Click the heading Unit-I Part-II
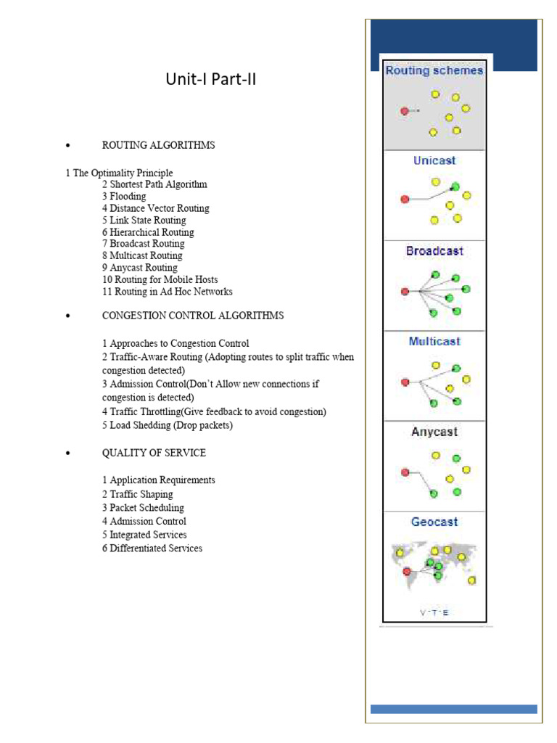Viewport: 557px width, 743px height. [211, 80]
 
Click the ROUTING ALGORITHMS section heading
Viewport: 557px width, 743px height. [158, 145]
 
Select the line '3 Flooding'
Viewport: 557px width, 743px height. [124, 197]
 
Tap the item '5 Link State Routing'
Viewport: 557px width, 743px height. [144, 221]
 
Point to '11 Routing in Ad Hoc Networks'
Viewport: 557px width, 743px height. [167, 292]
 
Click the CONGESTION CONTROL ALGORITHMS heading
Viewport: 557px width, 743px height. [193, 316]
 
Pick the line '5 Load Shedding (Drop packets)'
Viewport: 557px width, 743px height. [168, 425]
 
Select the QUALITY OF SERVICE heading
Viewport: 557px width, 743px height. [154, 453]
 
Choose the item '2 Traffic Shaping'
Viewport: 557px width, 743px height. [137, 494]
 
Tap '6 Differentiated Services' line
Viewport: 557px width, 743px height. [152, 549]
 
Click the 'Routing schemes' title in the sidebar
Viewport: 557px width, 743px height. [434, 71]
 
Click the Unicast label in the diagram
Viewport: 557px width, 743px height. [434, 160]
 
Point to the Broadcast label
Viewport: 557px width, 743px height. [434, 251]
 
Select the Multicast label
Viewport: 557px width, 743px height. [434, 341]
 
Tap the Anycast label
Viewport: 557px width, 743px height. [434, 432]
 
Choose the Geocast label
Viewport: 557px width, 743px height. [434, 522]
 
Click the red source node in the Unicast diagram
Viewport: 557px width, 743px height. [405, 199]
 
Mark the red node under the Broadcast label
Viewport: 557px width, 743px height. [405, 292]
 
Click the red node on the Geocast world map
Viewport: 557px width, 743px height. [407, 570]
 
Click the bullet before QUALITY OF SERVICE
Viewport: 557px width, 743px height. [67, 453]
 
